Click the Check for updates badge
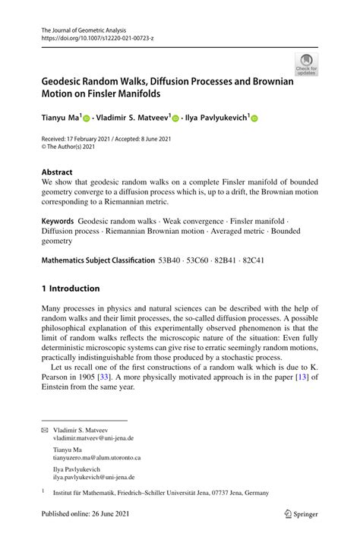coord(306,64)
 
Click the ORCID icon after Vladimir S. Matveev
coord(175,119)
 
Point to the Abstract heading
coord(58,172)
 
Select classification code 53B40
coord(172,260)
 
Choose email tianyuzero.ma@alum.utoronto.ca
coord(96,458)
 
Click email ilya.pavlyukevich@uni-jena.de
coord(93,478)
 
